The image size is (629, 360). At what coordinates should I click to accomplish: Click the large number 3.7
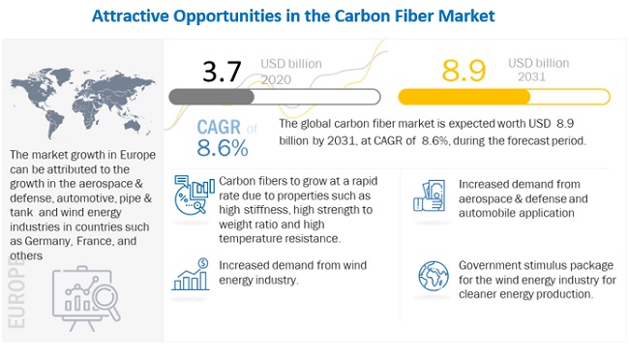pos(222,72)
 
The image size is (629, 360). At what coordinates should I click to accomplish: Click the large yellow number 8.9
pos(464,71)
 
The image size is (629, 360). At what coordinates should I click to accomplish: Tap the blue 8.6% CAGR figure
pos(223,148)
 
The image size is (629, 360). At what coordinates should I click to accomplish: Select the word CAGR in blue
pos(219,127)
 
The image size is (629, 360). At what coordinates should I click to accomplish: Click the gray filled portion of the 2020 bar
pos(211,97)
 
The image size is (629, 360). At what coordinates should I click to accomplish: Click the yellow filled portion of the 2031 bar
pos(464,97)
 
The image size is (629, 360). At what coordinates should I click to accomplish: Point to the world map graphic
pos(82,103)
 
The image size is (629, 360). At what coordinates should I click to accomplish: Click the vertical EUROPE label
pos(16,292)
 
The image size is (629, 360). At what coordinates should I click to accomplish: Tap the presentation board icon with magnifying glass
pos(86,298)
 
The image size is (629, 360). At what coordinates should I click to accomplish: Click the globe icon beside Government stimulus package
pos(434,276)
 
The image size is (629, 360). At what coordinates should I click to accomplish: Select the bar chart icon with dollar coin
pos(191,274)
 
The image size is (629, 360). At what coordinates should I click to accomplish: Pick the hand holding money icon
pos(430,195)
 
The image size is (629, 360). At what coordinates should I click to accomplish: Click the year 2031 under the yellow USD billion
pos(531,76)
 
